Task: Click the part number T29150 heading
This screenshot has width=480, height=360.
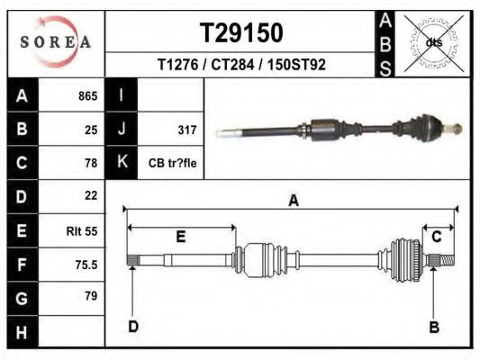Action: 241,33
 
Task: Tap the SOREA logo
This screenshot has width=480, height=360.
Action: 56,41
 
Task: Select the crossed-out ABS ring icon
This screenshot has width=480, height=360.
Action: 434,43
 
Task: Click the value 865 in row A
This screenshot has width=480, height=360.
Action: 88,96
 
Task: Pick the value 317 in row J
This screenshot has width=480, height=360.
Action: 187,130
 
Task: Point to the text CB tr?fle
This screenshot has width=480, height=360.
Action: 172,163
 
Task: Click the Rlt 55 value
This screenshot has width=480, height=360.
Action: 82,231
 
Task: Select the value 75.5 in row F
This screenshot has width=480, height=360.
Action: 86,265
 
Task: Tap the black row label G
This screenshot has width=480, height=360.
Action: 22,299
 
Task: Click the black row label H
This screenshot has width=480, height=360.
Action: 22,332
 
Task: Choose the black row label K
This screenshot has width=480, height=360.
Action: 122,161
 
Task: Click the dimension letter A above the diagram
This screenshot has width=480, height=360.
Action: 294,201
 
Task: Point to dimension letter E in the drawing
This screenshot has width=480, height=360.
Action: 181,237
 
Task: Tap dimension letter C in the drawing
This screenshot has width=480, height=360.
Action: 437,237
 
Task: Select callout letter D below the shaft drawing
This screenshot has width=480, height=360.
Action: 133,327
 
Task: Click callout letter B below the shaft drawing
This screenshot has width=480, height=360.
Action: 434,328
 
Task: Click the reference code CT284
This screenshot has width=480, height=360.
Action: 232,65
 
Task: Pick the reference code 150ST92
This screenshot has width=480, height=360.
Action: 296,65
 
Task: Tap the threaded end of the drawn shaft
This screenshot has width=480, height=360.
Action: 448,261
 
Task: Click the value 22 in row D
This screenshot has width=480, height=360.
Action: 91,195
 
